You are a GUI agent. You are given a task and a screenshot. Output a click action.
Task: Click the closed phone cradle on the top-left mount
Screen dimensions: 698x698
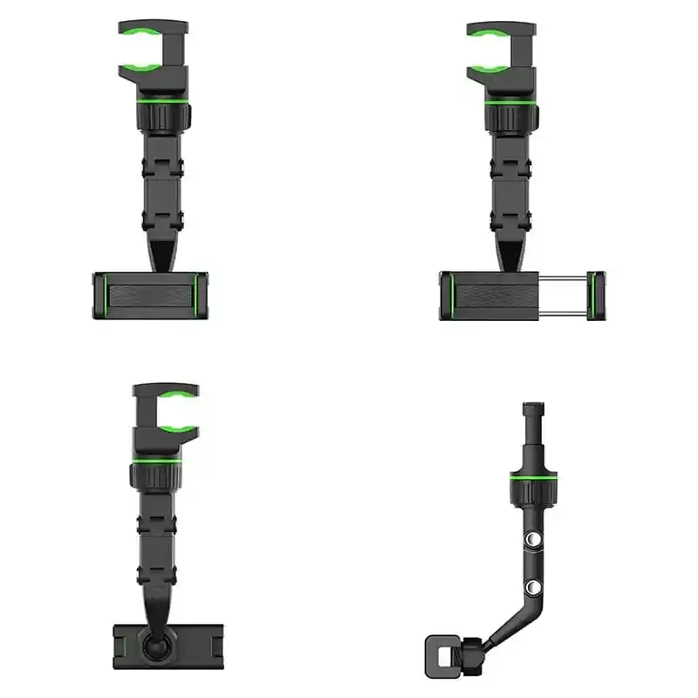pyautogui.click(x=150, y=295)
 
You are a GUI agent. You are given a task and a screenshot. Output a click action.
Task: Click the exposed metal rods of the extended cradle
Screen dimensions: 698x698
pyautogui.click(x=568, y=295)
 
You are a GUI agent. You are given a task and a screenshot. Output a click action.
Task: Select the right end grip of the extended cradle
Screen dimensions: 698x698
pyautogui.click(x=597, y=295)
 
